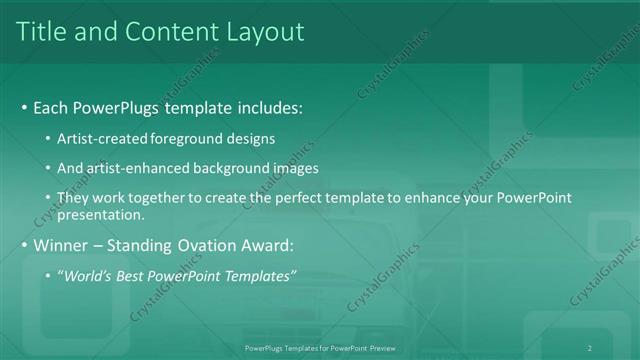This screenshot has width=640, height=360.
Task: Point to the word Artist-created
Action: point(105,138)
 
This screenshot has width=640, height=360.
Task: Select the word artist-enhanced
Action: point(145,168)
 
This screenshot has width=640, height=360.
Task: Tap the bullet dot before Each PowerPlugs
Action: point(24,107)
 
